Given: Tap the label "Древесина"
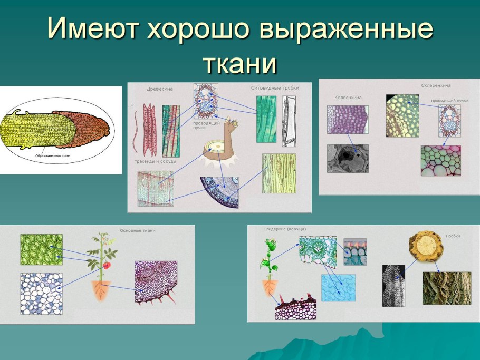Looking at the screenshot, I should pyautogui.click(x=159, y=89).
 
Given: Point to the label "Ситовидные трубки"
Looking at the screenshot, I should pyautogui.click(x=275, y=88).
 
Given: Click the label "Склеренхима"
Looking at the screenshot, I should pyautogui.click(x=436, y=85).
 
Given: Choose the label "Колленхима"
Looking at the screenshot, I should pyautogui.click(x=348, y=98).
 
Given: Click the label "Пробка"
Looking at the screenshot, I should pyautogui.click(x=453, y=236).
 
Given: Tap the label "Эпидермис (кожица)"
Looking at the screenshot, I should pyautogui.click(x=285, y=229).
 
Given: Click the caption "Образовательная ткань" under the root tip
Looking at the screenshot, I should pyautogui.click(x=53, y=156).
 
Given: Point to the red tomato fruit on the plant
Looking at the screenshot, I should pyautogui.click(x=107, y=265).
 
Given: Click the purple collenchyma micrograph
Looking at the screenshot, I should pyautogui.click(x=347, y=119).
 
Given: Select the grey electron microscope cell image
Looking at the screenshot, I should pyautogui.click(x=348, y=158).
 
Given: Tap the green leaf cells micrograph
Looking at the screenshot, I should pyautogui.click(x=41, y=249).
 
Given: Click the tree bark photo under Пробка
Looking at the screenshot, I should pyautogui.click(x=439, y=287).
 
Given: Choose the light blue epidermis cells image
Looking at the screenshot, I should pyautogui.click(x=338, y=288).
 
